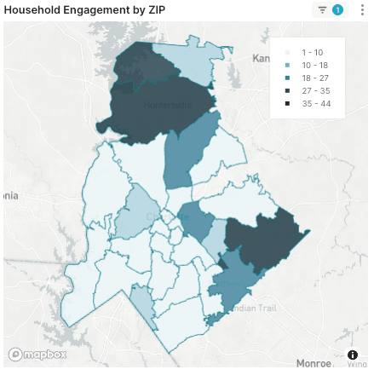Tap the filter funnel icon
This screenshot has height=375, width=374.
323,9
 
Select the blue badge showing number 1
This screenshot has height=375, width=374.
338,9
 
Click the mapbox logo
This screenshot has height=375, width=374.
38,354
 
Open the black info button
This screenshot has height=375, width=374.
353,355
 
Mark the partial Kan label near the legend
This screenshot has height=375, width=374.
261,58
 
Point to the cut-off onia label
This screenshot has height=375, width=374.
9,195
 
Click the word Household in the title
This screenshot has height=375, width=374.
37,9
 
